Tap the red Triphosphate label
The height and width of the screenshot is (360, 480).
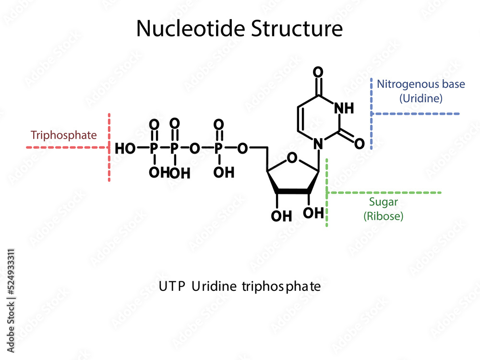click(63, 135)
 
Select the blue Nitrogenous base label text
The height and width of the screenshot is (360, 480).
click(420, 84)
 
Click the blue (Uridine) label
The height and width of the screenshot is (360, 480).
click(420, 98)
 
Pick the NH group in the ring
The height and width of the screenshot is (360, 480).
click(343, 108)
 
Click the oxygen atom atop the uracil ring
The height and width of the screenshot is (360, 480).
click(317, 73)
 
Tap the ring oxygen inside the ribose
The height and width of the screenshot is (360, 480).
click(291, 157)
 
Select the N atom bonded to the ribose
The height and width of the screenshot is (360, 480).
click(317, 143)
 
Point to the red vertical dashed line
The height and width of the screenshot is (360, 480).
click(109, 147)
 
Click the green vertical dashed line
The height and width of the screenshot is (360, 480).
click(327, 192)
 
